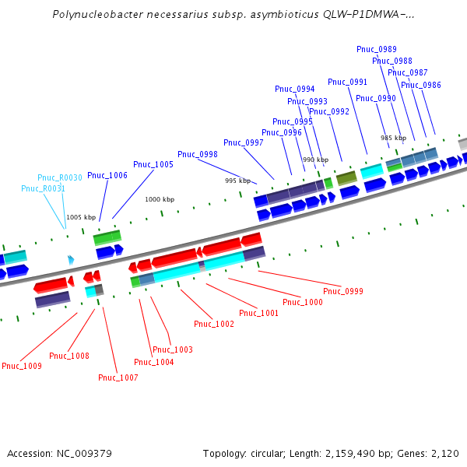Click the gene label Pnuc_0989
(377, 49)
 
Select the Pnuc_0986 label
(421, 85)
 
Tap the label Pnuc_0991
(348, 82)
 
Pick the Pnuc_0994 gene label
(295, 89)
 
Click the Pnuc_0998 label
(198, 154)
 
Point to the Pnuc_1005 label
(153, 164)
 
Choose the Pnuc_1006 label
(107, 175)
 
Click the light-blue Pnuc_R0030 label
(60, 178)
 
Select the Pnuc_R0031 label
(43, 188)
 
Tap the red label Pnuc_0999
(343, 291)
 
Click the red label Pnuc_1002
(214, 324)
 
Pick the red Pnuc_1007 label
(118, 377)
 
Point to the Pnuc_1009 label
(22, 366)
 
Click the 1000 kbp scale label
(160, 199)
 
